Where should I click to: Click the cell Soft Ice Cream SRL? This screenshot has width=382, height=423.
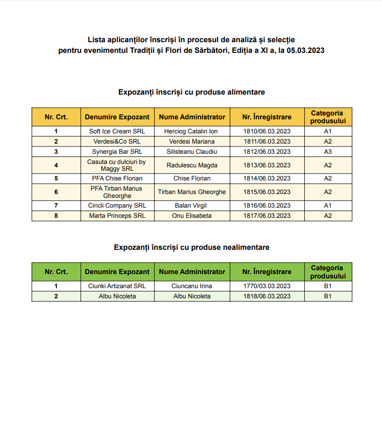pos(117,131)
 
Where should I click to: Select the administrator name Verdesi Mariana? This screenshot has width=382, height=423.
pos(192,141)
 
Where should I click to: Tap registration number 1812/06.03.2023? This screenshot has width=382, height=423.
pos(266,151)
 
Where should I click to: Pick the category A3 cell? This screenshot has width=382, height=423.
pos(328,151)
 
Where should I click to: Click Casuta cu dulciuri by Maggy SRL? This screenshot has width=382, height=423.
pos(117,165)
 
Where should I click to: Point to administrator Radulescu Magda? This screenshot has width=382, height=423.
pos(192,165)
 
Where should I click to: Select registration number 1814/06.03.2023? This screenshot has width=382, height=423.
pos(266,178)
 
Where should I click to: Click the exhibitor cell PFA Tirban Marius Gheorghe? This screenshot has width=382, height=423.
pos(117,192)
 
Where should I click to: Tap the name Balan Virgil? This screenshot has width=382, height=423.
pos(192,205)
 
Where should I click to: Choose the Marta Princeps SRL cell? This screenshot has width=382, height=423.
pos(117,215)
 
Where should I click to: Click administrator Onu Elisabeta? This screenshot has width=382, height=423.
pos(192,215)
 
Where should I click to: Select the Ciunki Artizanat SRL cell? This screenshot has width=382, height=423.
pos(117,286)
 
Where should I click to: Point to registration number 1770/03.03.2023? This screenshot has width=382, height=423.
pos(266,286)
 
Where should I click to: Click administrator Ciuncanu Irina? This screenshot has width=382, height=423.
pos(192,286)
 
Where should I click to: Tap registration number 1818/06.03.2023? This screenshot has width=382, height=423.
pos(266,296)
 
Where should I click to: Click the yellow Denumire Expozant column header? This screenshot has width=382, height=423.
pos(117,116)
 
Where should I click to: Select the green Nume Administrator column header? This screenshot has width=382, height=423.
pos(192,272)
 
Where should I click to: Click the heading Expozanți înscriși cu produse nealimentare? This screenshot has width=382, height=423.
pos(191,247)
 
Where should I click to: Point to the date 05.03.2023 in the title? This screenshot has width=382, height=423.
pos(305,49)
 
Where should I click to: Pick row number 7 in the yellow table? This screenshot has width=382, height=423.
pos(56,205)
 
